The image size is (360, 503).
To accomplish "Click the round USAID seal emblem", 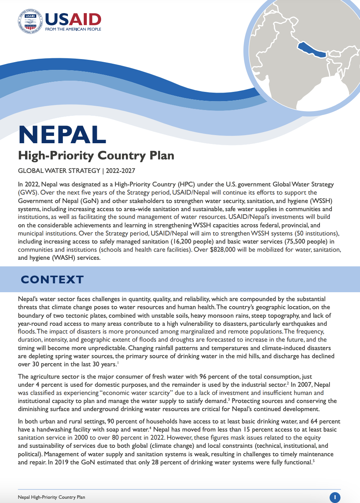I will coord(30,21).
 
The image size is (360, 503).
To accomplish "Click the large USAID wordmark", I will coord(73,19).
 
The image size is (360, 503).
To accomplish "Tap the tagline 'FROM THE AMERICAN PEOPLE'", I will coord(73,29).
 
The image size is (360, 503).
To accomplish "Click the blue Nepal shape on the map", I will coord(312,50).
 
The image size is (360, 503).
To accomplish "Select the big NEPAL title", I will coord(62,135).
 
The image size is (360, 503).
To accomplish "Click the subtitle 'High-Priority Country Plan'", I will coord(96,156).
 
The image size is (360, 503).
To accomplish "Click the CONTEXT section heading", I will coord(52,279).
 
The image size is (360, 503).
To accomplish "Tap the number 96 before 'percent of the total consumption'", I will coord(203,376).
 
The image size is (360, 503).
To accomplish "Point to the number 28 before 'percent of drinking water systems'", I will coord(155,462).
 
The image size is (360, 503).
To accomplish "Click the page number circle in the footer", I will coord(335,497).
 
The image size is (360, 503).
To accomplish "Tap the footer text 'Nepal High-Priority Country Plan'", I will coord(51,497).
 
